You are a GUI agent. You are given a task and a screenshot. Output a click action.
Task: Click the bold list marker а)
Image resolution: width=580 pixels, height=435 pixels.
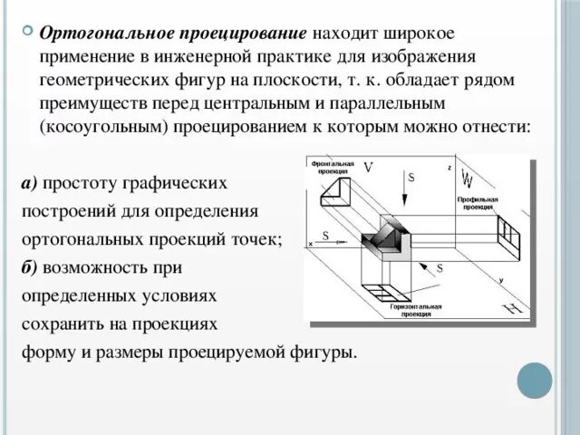[x=28, y=184]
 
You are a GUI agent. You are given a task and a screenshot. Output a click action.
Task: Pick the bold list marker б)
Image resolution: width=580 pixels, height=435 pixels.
[x=28, y=267]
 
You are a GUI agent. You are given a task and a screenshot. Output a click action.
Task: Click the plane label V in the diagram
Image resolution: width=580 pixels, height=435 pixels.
[x=367, y=168]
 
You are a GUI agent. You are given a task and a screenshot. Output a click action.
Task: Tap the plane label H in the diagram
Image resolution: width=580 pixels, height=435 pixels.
[x=513, y=311]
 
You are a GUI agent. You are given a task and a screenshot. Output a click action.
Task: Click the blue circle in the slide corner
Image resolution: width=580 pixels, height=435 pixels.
[x=534, y=381]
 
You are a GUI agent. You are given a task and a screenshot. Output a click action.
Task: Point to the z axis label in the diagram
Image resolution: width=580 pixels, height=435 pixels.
[x=449, y=169]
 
